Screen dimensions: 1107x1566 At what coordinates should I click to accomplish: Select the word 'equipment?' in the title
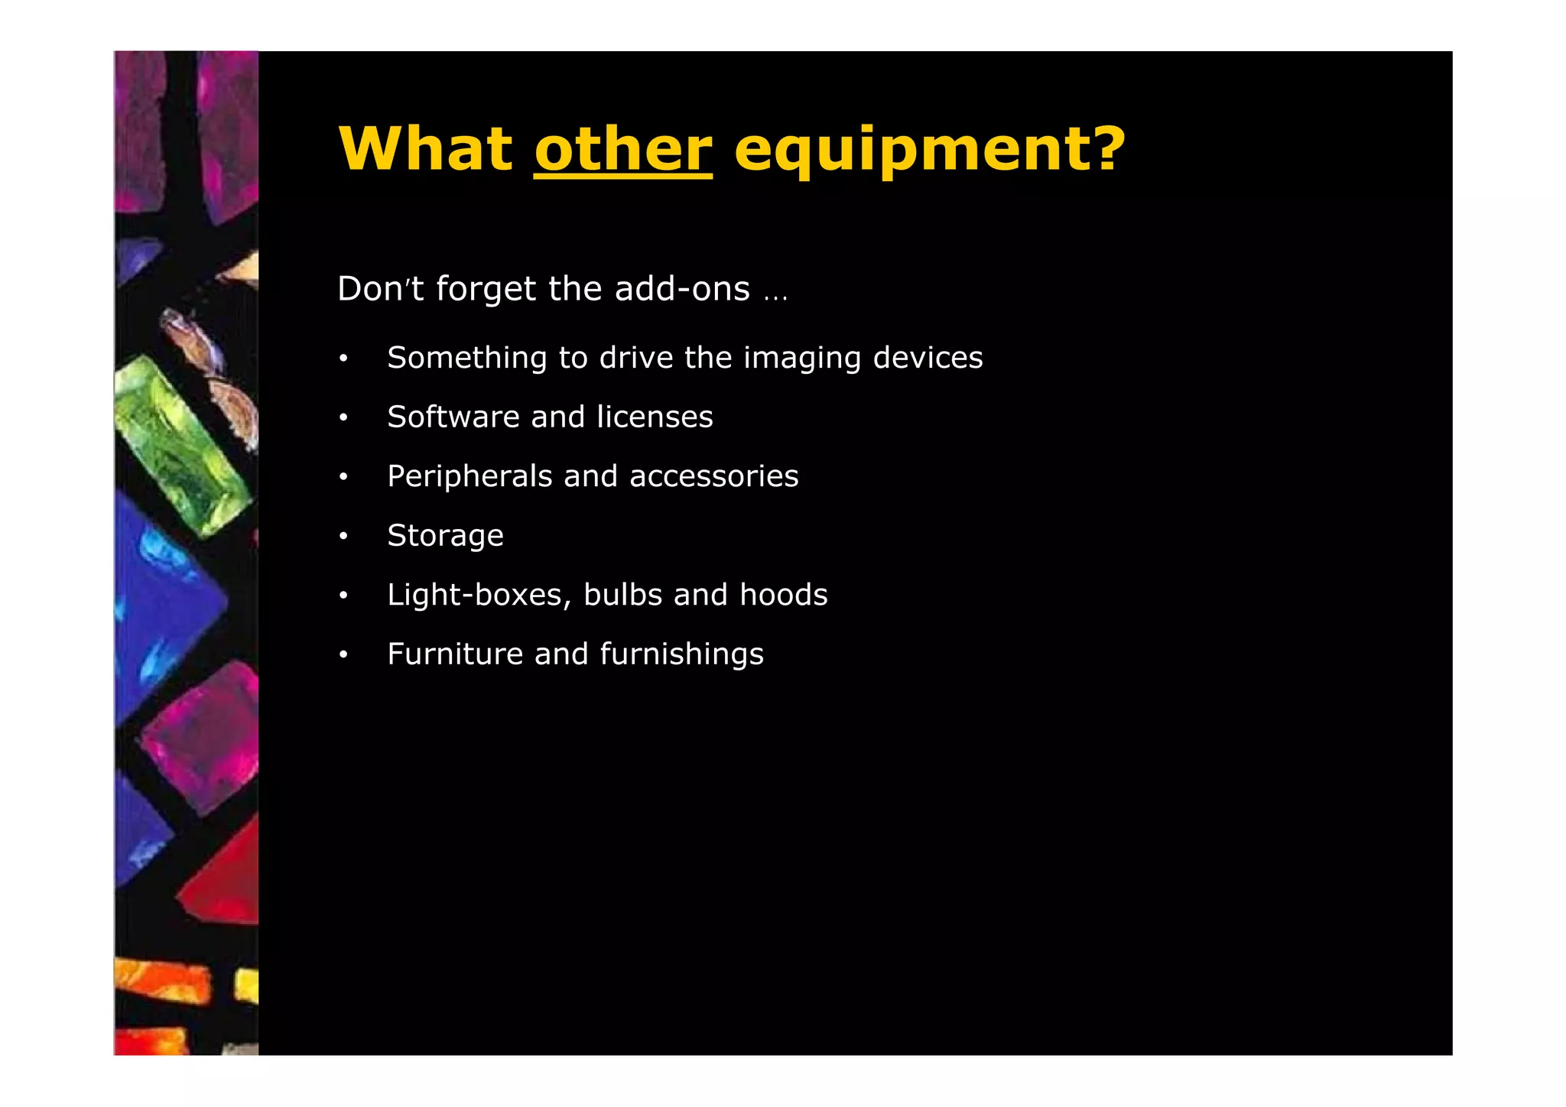tap(929, 150)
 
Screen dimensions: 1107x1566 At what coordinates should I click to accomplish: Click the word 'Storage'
tap(445, 535)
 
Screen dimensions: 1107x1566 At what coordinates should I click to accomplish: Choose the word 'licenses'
tap(655, 417)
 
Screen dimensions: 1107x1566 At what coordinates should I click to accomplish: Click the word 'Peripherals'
tap(469, 476)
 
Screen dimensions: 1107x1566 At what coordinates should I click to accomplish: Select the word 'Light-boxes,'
tap(479, 595)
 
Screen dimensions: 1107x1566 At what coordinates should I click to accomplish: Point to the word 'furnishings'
tap(681, 655)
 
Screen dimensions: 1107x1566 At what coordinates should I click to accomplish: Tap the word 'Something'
tap(466, 359)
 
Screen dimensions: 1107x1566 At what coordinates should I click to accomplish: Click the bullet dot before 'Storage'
tap(344, 536)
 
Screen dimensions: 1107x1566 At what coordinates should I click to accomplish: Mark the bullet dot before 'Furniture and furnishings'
tap(344, 654)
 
